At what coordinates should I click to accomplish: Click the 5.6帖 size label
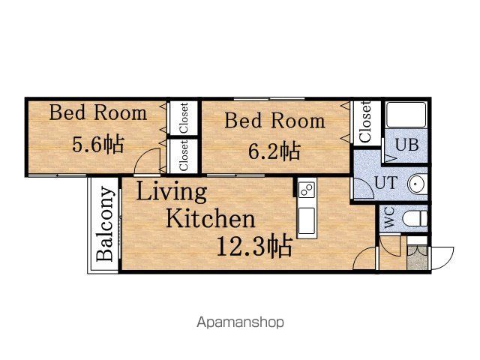[x=98, y=144]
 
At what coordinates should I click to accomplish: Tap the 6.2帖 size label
[x=274, y=151]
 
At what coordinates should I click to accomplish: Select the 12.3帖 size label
[x=254, y=247]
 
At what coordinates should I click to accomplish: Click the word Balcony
[x=105, y=223]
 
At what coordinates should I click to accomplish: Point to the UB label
[x=406, y=145]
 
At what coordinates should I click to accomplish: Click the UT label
[x=386, y=183]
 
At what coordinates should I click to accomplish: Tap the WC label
[x=389, y=218]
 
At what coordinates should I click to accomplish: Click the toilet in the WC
[x=415, y=218]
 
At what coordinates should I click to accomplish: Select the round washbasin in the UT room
[x=417, y=184]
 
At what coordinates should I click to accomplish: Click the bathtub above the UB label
[x=406, y=115]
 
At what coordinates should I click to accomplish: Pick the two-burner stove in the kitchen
[x=307, y=190]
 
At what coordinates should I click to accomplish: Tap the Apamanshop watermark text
[x=240, y=322]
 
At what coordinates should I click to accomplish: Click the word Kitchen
[x=210, y=218]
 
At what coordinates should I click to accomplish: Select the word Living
[x=172, y=192]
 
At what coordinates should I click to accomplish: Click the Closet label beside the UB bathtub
[x=365, y=121]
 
